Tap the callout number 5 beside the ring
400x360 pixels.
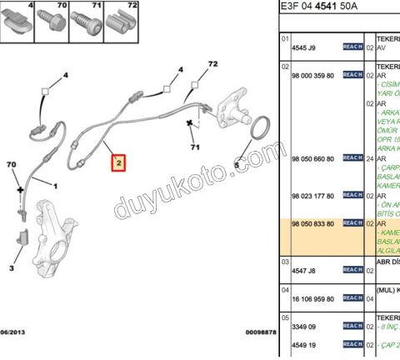tap(236, 165)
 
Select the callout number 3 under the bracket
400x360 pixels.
tap(12, 268)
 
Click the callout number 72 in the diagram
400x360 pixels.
tap(212, 64)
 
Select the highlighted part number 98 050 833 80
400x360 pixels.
tap(312, 224)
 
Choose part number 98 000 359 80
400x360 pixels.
tap(312, 75)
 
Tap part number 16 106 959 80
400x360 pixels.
tap(312, 297)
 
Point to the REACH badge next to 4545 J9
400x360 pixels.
tap(352, 47)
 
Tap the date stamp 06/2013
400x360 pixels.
tap(14, 332)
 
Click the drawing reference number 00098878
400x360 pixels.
tap(259, 332)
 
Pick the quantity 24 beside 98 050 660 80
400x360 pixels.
tap(370, 157)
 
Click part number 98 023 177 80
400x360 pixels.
tap(312, 196)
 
